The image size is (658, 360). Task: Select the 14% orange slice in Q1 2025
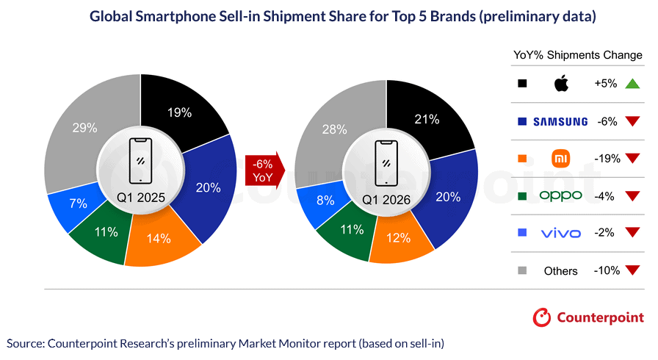(159, 239)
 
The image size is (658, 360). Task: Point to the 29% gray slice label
(85, 128)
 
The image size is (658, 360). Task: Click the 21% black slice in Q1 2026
(427, 119)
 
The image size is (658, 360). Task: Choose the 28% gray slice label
(335, 129)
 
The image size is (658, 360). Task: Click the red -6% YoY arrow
(262, 170)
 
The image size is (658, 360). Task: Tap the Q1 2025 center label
(140, 198)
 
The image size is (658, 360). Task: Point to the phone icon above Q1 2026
(386, 161)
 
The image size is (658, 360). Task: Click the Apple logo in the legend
(561, 84)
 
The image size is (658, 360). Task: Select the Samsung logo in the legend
(561, 121)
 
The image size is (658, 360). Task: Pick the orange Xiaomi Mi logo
(561, 159)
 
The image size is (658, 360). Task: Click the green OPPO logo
(561, 195)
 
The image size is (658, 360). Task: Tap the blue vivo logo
(561, 233)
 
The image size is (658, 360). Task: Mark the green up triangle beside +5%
(632, 84)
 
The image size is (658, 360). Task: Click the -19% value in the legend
(607, 159)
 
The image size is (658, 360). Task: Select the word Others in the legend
(561, 271)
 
